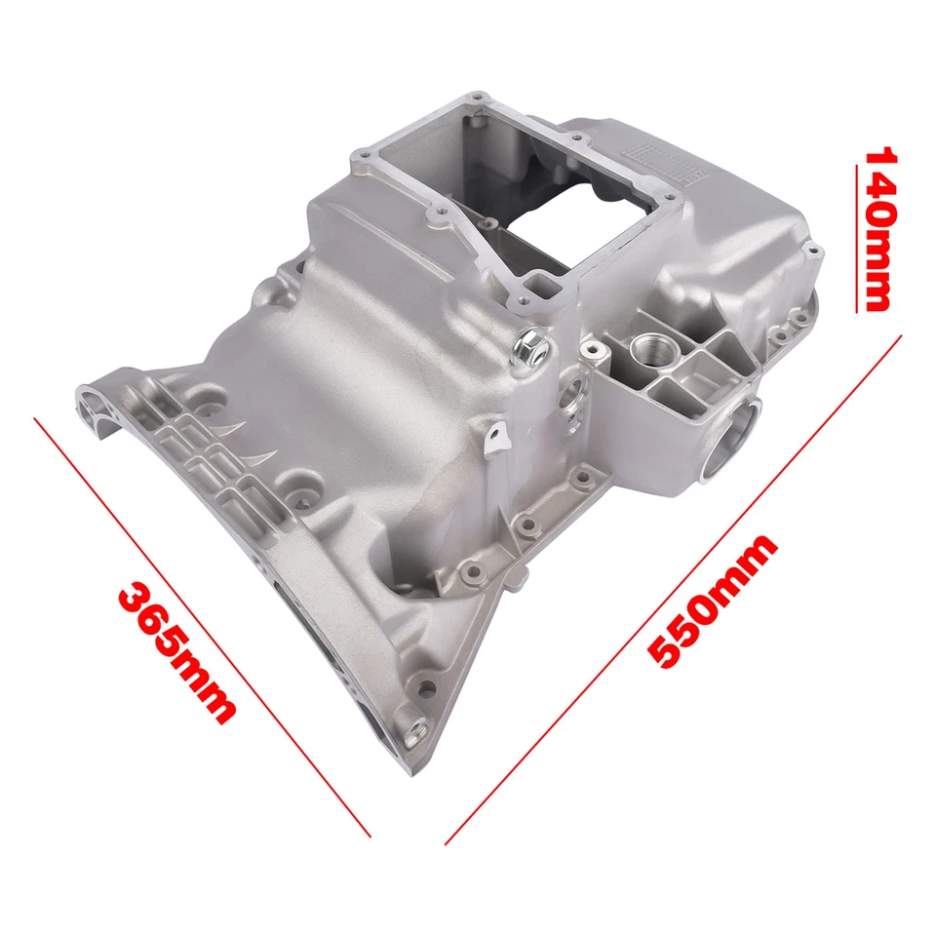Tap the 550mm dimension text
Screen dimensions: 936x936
(x=714, y=602)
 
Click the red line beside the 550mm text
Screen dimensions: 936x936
(x=673, y=585)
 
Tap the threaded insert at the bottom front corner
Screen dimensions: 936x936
(x=418, y=725)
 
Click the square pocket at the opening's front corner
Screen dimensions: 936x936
(x=540, y=287)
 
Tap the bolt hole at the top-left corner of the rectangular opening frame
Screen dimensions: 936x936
(x=365, y=153)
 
